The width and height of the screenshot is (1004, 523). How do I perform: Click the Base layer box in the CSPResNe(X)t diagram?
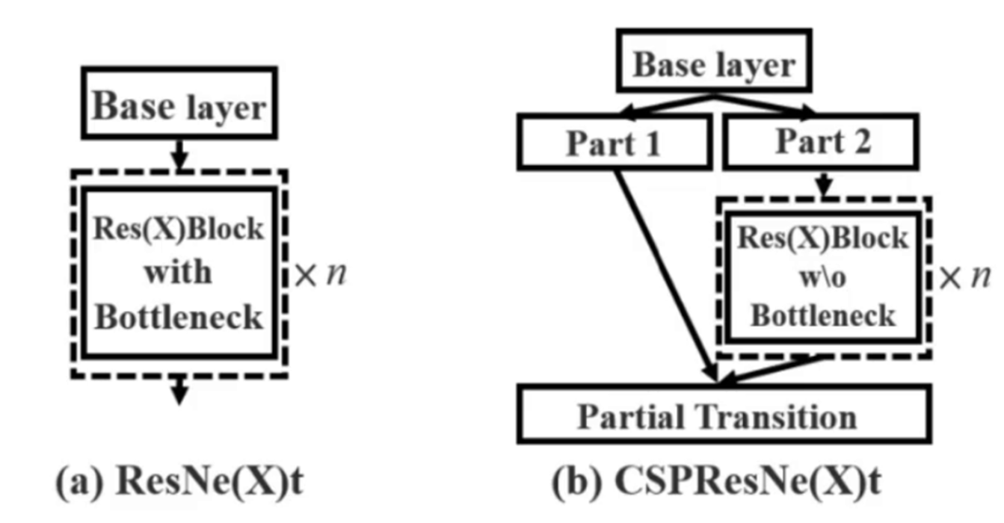[x=714, y=65]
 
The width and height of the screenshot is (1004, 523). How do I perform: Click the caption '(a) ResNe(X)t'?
[x=180, y=483]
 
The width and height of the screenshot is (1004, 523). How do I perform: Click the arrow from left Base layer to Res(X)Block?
[x=179, y=154]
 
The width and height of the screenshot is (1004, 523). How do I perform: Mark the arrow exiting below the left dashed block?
[x=179, y=390]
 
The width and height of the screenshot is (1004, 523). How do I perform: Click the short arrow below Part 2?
[x=823, y=185]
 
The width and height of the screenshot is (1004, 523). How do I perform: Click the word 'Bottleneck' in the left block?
[x=179, y=318]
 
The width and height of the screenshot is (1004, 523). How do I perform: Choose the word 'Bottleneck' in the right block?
[x=823, y=315]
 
